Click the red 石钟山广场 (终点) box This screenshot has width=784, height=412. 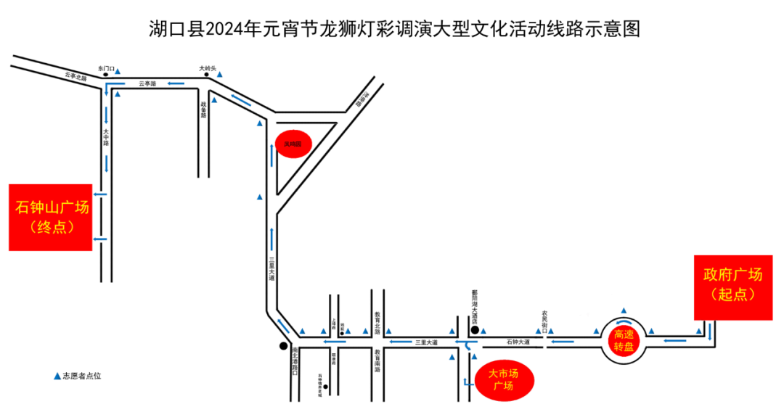(x=50, y=217)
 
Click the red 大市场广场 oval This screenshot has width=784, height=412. (x=504, y=379)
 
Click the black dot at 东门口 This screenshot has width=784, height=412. (x=106, y=74)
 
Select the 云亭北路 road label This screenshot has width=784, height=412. (x=75, y=75)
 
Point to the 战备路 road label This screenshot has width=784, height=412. (x=204, y=110)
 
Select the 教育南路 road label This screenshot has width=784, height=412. (x=377, y=359)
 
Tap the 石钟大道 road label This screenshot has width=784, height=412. (x=518, y=341)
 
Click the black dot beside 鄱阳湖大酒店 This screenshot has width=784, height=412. (x=474, y=330)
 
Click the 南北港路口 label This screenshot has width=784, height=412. (x=295, y=359)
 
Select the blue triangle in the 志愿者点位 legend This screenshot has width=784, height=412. (x=57, y=376)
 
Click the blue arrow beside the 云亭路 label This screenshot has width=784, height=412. (x=173, y=83)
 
